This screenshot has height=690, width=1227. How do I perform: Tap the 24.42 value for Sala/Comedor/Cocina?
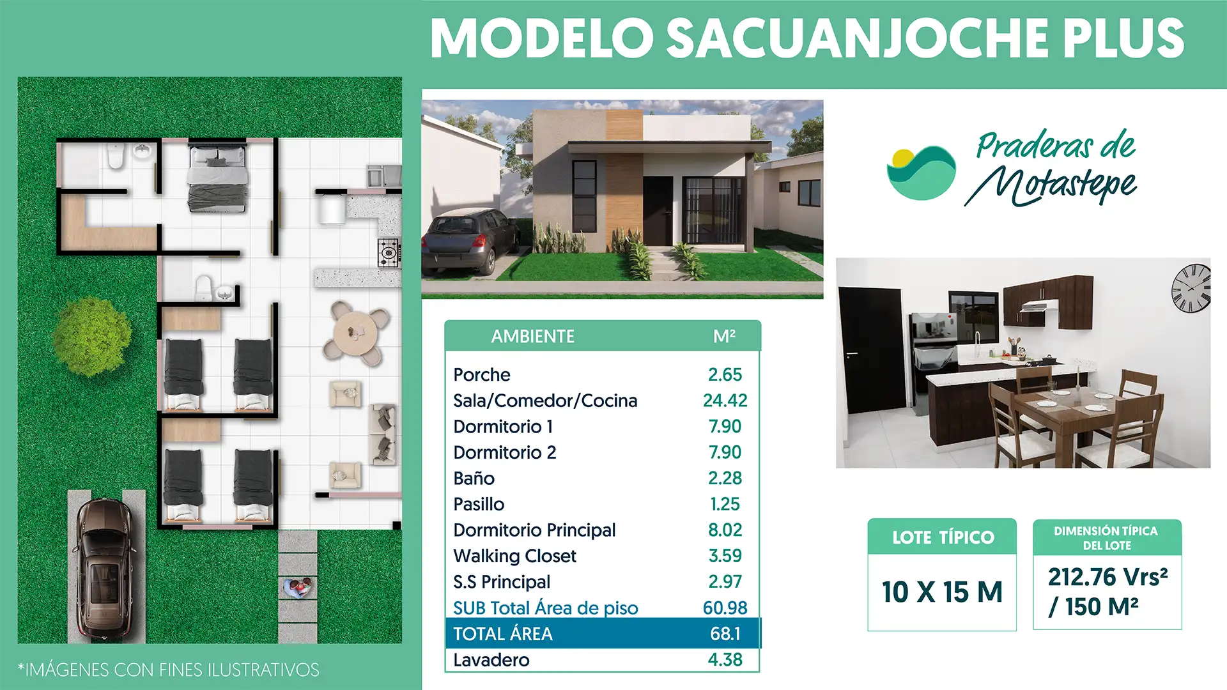(725, 401)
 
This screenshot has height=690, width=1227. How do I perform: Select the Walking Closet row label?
(514, 556)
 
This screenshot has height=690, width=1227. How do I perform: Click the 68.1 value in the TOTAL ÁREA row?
(725, 634)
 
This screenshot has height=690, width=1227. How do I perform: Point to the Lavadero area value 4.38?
(725, 659)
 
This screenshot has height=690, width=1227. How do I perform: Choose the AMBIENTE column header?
(532, 337)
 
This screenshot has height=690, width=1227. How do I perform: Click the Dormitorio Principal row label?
(534, 530)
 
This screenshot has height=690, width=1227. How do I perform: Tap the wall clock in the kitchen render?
(1191, 288)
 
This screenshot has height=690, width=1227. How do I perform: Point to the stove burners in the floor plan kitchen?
(388, 253)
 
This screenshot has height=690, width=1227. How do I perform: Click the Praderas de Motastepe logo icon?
(922, 172)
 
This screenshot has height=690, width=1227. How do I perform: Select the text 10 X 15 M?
(942, 592)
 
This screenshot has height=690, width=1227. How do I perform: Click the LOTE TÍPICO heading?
(943, 537)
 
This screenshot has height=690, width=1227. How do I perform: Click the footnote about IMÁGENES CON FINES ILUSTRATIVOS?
(169, 670)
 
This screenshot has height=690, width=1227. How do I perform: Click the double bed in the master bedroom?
(217, 178)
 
